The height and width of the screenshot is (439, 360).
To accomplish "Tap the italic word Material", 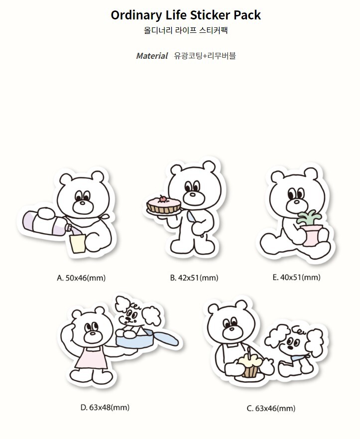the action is coord(152,56).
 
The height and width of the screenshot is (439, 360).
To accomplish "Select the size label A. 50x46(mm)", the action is coord(81,278).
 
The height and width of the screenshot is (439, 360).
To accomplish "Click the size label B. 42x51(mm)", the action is coord(194,278).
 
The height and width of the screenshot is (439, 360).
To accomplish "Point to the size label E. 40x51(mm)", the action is coord(296,278).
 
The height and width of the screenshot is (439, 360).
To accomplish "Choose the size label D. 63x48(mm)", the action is coord(105,408).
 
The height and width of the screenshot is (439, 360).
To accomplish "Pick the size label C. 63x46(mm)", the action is coord(271,409).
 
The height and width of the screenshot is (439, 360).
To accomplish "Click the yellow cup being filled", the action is coord(78,244).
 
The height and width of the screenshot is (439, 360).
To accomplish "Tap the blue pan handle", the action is coord(166,338).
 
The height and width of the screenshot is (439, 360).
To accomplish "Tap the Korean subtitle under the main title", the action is coord(186,30).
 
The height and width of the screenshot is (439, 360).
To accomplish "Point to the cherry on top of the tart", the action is coord(162,199).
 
